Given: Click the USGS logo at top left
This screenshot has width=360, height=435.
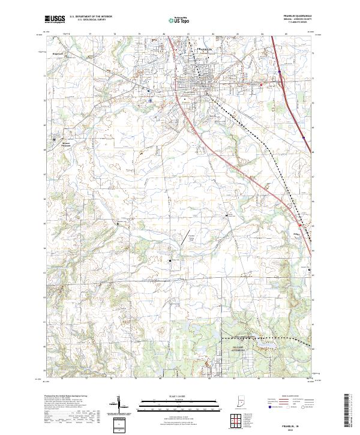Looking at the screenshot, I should pos(55,19).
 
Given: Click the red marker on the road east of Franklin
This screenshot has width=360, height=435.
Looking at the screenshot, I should pos(262,84).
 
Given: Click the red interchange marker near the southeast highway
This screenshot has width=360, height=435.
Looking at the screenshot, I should pos(302,226).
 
